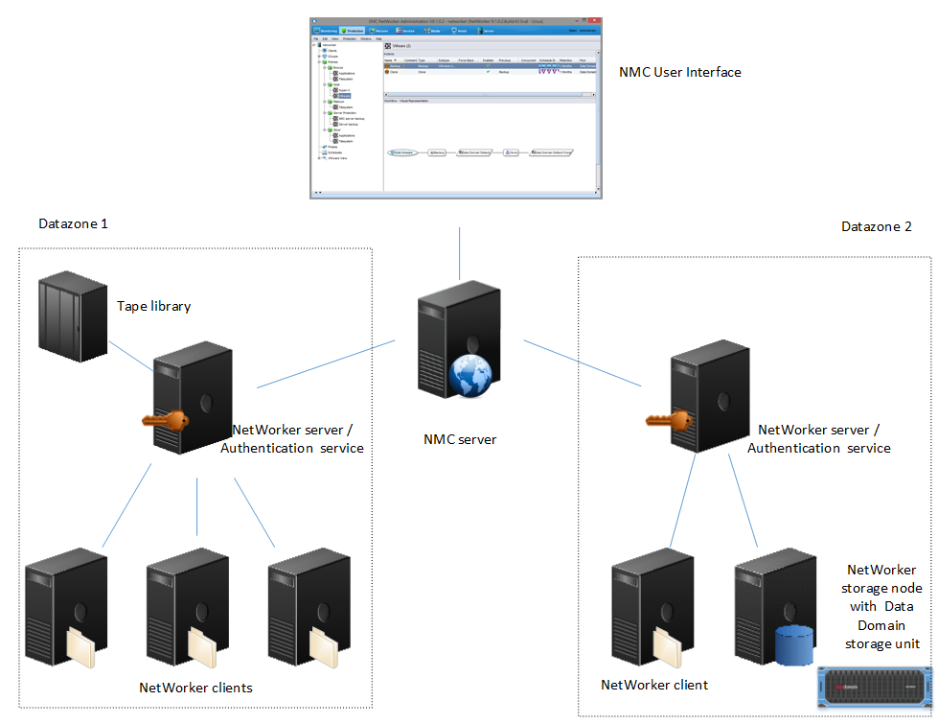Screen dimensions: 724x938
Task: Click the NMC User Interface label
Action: [679, 72]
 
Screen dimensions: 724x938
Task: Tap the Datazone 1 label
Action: [73, 223]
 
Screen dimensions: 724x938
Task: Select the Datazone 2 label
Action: [876, 227]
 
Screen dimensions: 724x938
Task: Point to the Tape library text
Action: [154, 307]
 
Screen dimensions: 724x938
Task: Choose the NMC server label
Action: [460, 440]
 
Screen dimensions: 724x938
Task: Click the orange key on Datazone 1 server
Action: [161, 421]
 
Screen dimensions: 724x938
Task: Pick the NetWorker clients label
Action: [196, 688]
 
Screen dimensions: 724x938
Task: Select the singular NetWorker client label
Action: [654, 685]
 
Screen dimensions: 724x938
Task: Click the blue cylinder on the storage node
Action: [792, 646]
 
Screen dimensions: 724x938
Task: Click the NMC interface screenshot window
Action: [456, 107]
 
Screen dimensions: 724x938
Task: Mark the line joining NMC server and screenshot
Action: [459, 254]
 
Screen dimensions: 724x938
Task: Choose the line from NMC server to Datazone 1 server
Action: [326, 364]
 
